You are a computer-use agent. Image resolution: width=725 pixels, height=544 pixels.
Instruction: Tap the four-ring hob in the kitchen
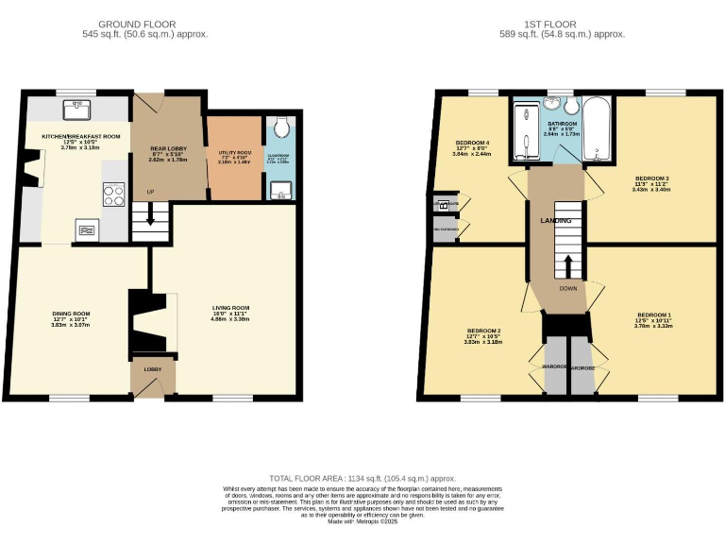tap(114, 195)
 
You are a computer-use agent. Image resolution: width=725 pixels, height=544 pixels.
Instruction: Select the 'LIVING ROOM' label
tap(229, 307)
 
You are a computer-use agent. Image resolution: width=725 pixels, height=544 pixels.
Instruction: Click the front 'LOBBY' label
tap(153, 369)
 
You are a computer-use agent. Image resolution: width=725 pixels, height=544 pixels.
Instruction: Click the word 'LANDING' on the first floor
tap(555, 220)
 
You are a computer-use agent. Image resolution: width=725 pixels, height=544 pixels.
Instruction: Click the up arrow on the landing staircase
tap(567, 263)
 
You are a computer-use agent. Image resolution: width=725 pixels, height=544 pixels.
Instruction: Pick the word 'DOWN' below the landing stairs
tap(567, 289)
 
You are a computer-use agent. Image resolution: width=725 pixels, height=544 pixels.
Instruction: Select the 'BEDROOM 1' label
tap(653, 314)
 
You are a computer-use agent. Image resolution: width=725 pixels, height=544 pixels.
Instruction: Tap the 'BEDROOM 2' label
tap(482, 331)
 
